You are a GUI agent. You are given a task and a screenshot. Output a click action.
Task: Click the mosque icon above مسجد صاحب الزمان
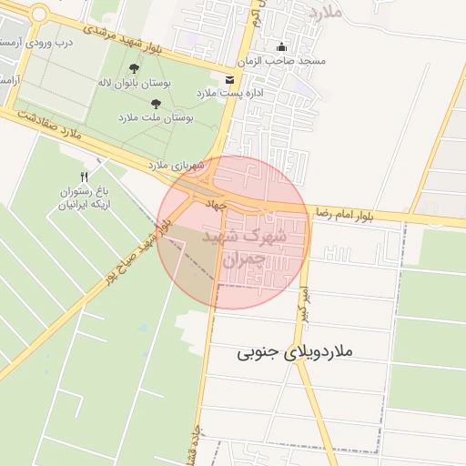tap(280, 47)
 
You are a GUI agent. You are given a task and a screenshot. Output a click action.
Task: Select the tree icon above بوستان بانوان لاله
tap(135, 68)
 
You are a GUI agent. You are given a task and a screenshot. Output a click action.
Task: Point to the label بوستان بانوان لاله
tap(135, 83)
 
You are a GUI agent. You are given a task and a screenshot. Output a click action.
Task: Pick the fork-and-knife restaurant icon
tap(84, 177)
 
